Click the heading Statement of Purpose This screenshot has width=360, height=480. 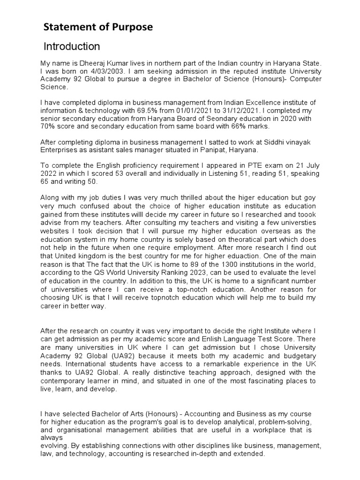pos(98,28)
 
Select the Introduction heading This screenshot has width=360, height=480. pos(72,46)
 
